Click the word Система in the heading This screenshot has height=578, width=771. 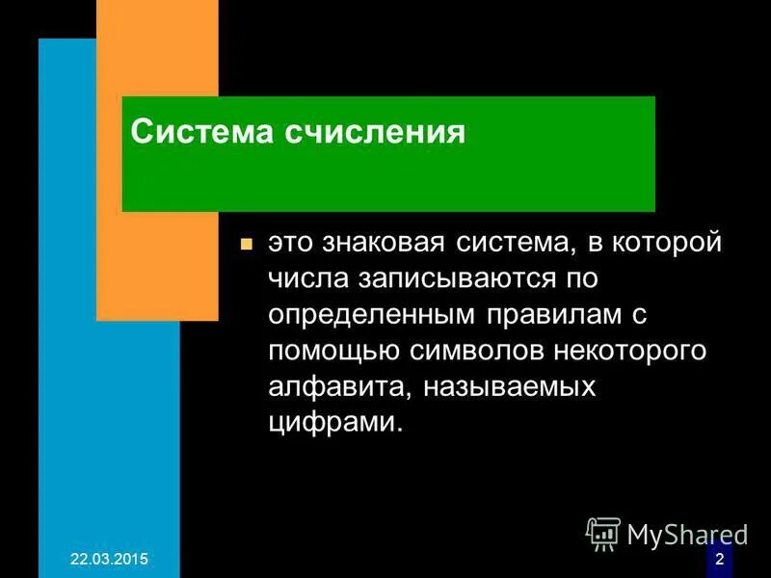pyautogui.click(x=199, y=132)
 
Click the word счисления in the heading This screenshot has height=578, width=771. pyautogui.click(x=374, y=132)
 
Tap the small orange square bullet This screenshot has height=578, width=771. pyautogui.click(x=246, y=245)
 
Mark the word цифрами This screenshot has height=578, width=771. pyautogui.click(x=332, y=421)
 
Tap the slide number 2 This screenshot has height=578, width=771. pyautogui.click(x=719, y=560)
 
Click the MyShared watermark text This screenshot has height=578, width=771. pyautogui.click(x=688, y=533)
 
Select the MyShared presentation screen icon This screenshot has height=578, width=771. pyautogui.click(x=603, y=532)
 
